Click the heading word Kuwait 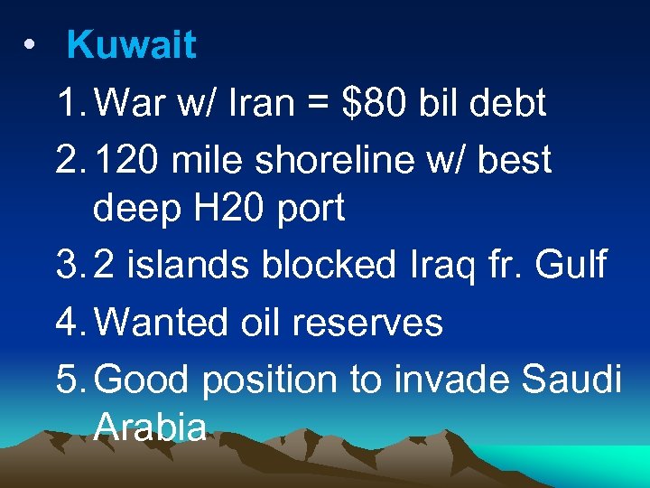[132, 46]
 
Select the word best [515, 159]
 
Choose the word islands [186, 265]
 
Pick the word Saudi [572, 380]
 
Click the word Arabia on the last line [150, 427]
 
